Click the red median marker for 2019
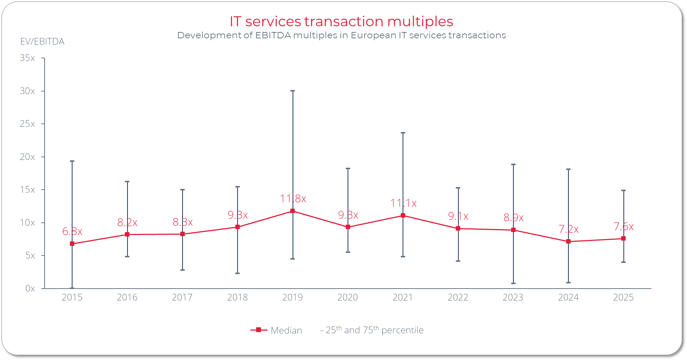tap(293, 211)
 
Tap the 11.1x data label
tap(403, 203)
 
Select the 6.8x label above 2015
tap(72, 231)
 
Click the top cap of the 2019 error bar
tap(293, 91)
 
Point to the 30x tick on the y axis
tap(28, 91)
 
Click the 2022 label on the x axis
tap(458, 297)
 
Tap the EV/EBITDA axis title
tap(42, 41)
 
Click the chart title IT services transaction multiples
tap(341, 21)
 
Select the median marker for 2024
tap(568, 241)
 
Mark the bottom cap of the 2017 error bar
tap(183, 270)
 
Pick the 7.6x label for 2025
tap(623, 226)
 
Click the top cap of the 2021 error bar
tap(403, 133)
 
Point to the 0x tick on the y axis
tap(30, 288)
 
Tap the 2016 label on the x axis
tap(127, 297)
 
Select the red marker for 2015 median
tap(72, 244)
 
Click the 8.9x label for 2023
tap(513, 218)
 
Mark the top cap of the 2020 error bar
tap(348, 168)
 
